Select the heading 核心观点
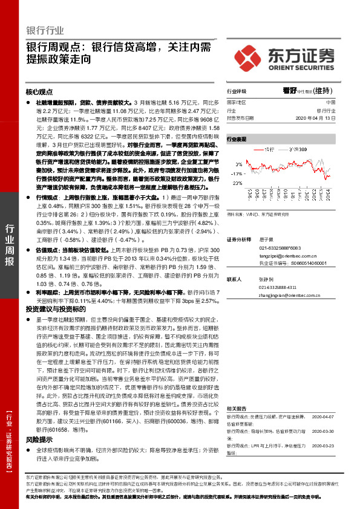click(x=40, y=92)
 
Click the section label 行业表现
click(x=237, y=138)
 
